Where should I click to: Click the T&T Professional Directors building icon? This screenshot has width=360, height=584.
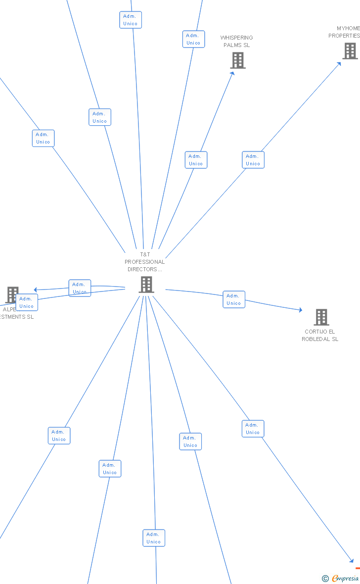click(146, 285)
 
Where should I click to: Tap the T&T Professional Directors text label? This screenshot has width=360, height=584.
click(145, 262)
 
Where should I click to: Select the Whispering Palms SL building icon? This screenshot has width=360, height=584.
click(238, 60)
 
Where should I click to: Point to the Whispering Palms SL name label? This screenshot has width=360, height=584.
click(236, 41)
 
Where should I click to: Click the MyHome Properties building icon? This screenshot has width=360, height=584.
click(350, 50)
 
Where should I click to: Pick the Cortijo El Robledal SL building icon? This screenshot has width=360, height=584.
click(321, 317)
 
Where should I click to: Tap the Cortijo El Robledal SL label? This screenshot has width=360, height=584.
click(320, 335)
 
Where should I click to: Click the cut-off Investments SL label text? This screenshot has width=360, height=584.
click(17, 317)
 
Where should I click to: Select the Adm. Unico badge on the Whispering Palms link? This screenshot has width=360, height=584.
click(196, 160)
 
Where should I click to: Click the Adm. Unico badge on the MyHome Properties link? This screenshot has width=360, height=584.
click(253, 160)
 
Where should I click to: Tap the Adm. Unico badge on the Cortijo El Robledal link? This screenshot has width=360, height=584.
click(233, 299)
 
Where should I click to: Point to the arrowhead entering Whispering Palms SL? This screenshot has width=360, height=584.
click(232, 73)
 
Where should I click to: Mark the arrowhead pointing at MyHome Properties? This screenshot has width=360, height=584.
click(339, 63)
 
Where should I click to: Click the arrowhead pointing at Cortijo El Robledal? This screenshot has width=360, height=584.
click(300, 310)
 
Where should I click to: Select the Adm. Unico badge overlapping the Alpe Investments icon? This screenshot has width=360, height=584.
click(27, 302)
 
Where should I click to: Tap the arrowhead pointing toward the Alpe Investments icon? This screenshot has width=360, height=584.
click(35, 290)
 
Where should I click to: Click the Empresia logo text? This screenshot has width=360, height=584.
click(345, 578)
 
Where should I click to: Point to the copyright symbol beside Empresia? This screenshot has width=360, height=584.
click(325, 578)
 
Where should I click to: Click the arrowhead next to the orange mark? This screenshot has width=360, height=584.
click(352, 561)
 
